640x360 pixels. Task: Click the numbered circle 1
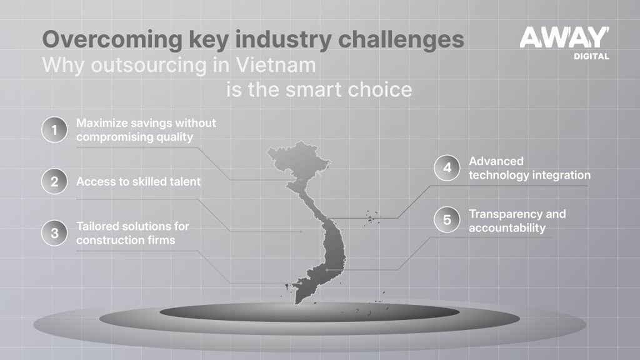coord(54,130)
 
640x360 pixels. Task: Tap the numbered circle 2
coord(54,181)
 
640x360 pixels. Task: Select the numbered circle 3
coord(54,233)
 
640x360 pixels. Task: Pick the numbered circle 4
coord(447,167)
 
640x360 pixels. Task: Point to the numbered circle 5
coord(447,219)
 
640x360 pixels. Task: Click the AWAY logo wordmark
coord(564,37)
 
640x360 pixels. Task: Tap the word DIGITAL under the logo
coord(591,56)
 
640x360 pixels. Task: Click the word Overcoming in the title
coord(112,40)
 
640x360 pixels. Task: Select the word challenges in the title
coord(401,40)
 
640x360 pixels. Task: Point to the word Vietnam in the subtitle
coord(276,65)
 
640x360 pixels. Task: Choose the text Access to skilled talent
coord(138,181)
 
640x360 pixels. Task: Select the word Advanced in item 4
coord(496,161)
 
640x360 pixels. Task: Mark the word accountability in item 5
coord(507,227)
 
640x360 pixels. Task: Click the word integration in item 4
coord(561,175)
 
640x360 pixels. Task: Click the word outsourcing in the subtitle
coord(149,65)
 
